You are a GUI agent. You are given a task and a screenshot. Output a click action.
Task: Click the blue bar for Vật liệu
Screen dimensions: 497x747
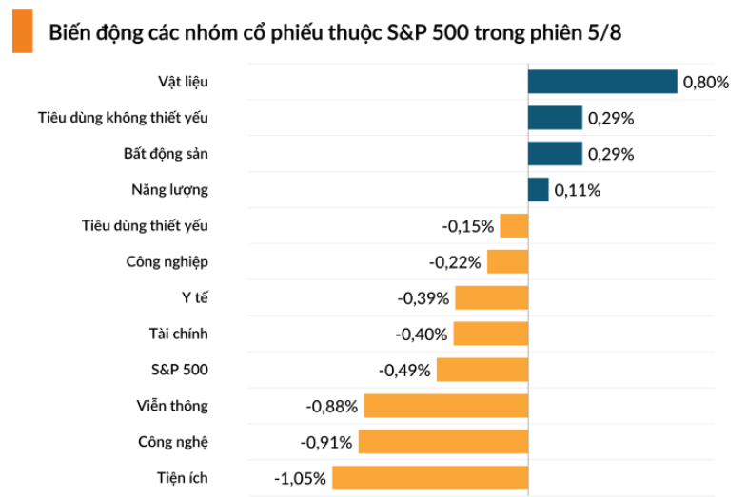click(602, 82)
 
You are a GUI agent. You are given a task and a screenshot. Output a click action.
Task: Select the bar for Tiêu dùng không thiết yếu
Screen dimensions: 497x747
click(555, 118)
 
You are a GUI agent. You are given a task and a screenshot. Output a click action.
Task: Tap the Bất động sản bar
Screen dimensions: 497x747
click(555, 154)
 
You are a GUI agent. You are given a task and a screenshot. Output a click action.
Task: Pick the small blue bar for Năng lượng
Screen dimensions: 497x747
click(539, 190)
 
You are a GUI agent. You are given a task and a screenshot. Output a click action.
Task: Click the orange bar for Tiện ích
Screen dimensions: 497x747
click(430, 478)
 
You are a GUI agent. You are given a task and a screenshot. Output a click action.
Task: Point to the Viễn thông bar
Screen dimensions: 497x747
click(445, 406)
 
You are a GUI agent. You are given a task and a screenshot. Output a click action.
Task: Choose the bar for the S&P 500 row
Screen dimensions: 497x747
click(482, 370)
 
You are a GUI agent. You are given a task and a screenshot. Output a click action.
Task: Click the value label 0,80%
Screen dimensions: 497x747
click(705, 83)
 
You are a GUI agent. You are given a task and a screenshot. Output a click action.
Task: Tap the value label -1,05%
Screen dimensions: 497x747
click(302, 478)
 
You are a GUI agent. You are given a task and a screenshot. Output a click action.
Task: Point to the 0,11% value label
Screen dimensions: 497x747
click(577, 190)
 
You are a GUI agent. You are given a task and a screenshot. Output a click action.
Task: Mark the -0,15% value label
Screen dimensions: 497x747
click(468, 226)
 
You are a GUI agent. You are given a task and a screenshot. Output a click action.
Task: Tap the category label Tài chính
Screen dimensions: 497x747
click(178, 334)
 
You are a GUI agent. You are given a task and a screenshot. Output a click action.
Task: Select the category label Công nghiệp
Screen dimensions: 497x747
click(167, 261)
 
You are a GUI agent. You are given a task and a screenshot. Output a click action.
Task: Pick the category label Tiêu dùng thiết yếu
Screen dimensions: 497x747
click(145, 225)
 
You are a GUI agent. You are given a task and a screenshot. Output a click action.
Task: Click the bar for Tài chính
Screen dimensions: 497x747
click(490, 334)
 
